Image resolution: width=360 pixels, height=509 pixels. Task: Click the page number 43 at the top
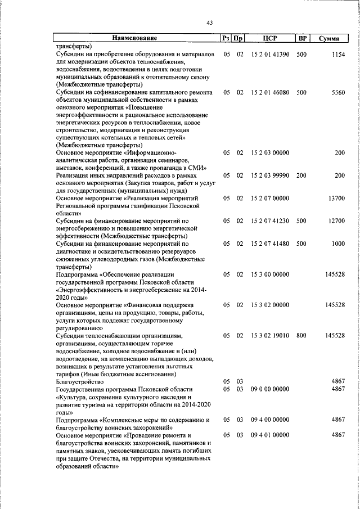209,22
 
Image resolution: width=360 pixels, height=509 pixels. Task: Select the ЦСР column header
270,39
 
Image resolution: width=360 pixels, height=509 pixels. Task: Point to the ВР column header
302,39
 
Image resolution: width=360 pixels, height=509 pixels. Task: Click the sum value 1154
338,55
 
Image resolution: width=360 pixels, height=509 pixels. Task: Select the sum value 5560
338,92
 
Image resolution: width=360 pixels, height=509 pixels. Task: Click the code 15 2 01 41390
270,55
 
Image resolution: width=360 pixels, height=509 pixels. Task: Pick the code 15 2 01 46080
270,92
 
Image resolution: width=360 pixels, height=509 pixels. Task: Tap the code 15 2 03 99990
270,175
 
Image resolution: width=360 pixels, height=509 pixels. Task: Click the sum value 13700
336,199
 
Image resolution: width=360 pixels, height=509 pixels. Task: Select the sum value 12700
336,221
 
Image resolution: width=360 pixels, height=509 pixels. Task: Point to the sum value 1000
338,244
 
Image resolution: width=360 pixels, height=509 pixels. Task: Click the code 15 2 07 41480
270,244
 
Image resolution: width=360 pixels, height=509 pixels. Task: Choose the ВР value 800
301,336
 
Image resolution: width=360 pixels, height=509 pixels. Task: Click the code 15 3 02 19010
270,336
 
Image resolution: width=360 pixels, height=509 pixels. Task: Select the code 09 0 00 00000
270,389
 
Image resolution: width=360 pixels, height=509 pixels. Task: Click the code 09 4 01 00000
270,435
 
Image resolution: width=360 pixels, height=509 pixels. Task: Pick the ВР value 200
301,175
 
